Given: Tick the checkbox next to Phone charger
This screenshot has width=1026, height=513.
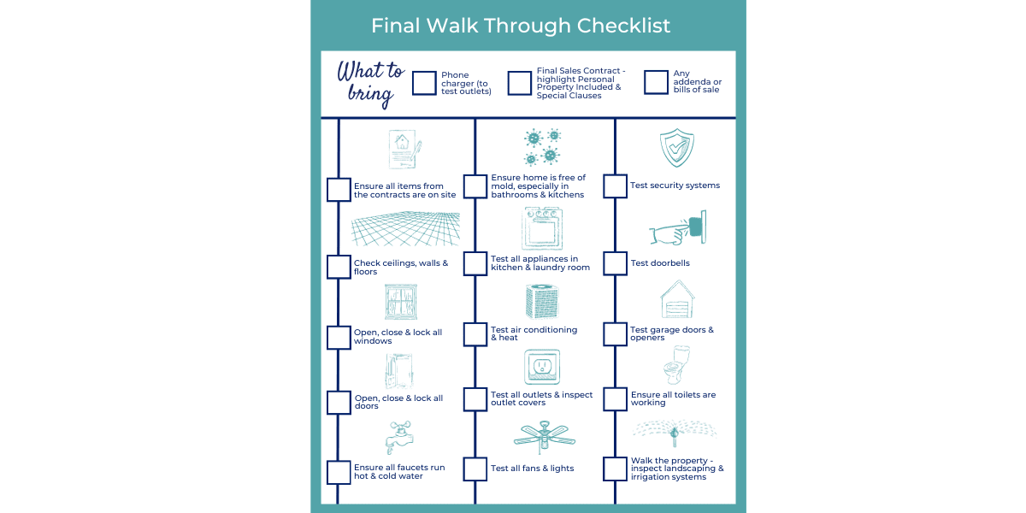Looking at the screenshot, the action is (x=424, y=83).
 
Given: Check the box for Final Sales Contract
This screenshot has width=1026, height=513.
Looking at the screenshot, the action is (x=520, y=83).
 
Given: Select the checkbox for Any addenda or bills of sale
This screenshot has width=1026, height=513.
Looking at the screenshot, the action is (x=656, y=82).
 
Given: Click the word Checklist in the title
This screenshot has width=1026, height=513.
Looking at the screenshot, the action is (x=623, y=26).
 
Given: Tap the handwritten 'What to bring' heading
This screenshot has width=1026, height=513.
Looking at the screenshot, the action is (x=370, y=84).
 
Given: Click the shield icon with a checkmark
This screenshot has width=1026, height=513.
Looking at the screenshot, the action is (x=676, y=148).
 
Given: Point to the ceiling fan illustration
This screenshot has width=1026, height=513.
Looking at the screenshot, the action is (x=544, y=437).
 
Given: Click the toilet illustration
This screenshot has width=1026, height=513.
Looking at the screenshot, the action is (x=676, y=365).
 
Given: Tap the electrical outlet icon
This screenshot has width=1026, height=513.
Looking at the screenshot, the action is (x=542, y=367).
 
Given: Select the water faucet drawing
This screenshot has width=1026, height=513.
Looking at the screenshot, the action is (x=399, y=438).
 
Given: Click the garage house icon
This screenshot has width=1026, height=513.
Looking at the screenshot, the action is (x=677, y=299).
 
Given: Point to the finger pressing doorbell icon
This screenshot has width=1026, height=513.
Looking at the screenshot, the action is (x=678, y=227).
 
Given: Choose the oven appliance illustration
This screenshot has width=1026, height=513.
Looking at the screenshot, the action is (x=542, y=227).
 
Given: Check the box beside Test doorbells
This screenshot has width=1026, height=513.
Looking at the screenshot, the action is (x=615, y=263).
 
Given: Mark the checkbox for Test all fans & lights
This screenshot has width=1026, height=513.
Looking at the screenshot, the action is (x=475, y=469).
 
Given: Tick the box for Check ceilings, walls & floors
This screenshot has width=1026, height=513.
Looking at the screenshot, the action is (x=339, y=267).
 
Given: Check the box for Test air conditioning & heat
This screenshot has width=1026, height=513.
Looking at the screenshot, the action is (x=475, y=334).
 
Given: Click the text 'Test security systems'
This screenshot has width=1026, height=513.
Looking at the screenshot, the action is (x=675, y=185).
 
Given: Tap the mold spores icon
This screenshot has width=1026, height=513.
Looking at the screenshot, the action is (x=543, y=147).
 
